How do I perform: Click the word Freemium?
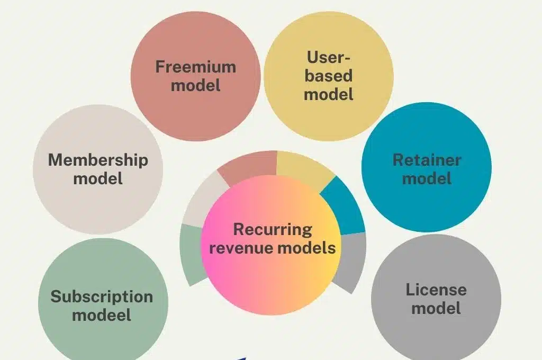click(x=195, y=67)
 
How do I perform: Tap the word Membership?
click(x=98, y=160)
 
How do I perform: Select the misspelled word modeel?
click(x=102, y=316)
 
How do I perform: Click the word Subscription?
click(x=102, y=297)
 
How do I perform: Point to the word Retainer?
click(x=427, y=160)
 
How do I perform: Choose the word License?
click(x=436, y=290)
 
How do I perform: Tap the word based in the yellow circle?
click(x=329, y=76)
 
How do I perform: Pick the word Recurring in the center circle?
click(x=273, y=230)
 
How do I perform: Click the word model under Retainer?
click(x=427, y=178)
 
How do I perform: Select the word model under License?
click(x=436, y=308)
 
